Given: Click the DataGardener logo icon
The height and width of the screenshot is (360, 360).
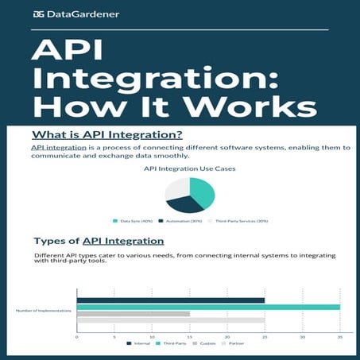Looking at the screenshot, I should pyautogui.click(x=39, y=14).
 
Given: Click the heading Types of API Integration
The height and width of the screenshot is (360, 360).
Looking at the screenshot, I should pyautogui.click(x=99, y=241).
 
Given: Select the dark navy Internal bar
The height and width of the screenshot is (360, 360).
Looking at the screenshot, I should pyautogui.click(x=170, y=300).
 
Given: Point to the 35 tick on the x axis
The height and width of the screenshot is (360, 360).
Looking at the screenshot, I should pyautogui.click(x=340, y=336).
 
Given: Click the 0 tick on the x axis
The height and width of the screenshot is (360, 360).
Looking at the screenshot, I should pyautogui.click(x=77, y=336).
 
